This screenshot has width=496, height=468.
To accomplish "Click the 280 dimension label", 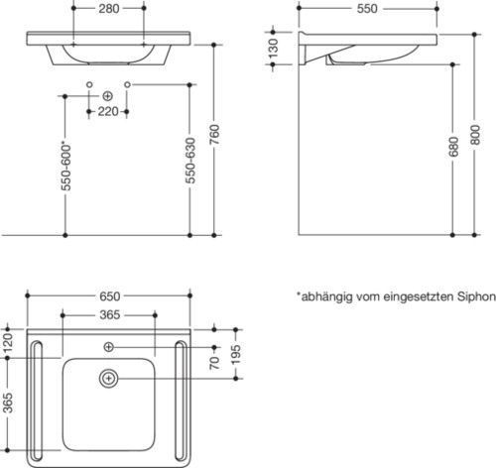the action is [109, 9].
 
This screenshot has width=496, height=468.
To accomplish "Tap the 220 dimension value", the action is [108, 111].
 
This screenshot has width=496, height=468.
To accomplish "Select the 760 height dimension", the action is [214, 134].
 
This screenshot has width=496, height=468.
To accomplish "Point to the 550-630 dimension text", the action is [190, 161].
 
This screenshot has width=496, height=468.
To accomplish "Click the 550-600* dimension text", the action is [66, 167].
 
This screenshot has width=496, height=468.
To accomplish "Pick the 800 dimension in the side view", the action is [475, 135].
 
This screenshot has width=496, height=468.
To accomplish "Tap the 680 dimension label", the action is [454, 147].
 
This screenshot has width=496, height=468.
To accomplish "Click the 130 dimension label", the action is [273, 49].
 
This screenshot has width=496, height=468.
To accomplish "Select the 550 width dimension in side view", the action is [367, 9].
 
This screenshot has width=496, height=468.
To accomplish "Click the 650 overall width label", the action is [110, 296].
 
